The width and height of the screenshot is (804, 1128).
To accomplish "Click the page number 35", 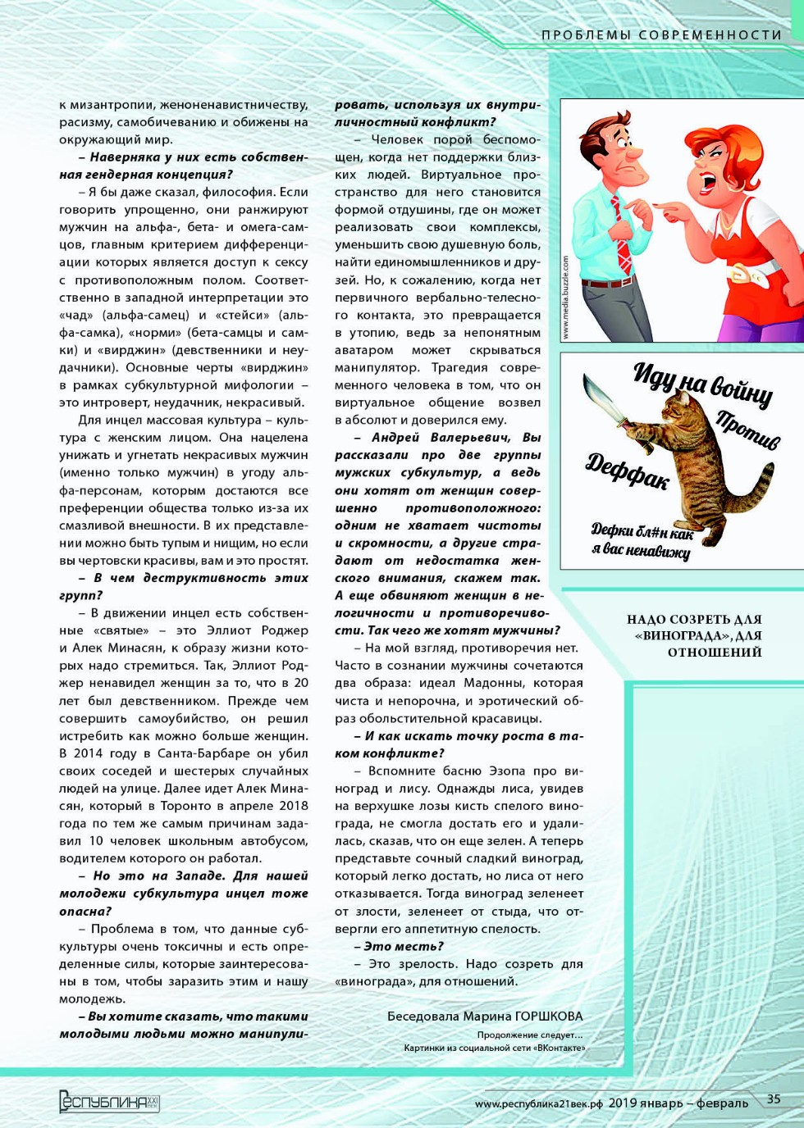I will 774,1099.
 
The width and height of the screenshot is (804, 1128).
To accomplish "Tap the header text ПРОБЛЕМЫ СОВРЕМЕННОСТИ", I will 661,34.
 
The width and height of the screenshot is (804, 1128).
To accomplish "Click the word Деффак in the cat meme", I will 628,471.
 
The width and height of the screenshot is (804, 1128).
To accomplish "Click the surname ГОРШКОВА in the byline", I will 549,1017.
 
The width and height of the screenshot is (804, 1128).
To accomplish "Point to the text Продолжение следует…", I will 529,1035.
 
